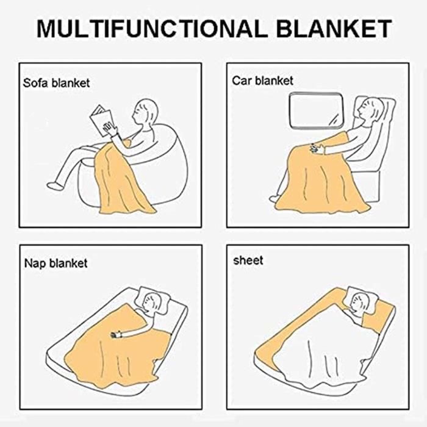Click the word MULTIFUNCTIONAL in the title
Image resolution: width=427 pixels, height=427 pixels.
tap(152, 29)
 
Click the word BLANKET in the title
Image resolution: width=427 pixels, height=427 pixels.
tap(334, 29)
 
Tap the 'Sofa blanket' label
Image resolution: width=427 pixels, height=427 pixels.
tap(56, 83)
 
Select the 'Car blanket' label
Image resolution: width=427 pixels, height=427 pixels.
tap(262, 81)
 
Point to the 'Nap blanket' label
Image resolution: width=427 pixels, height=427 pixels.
tap(56, 264)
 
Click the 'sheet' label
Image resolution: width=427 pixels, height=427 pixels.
tap(248, 260)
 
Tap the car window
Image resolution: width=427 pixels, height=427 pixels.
tap(316, 110)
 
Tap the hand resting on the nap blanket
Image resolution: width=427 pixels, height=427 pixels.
tap(116, 334)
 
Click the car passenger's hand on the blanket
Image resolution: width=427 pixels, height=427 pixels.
tap(317, 149)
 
